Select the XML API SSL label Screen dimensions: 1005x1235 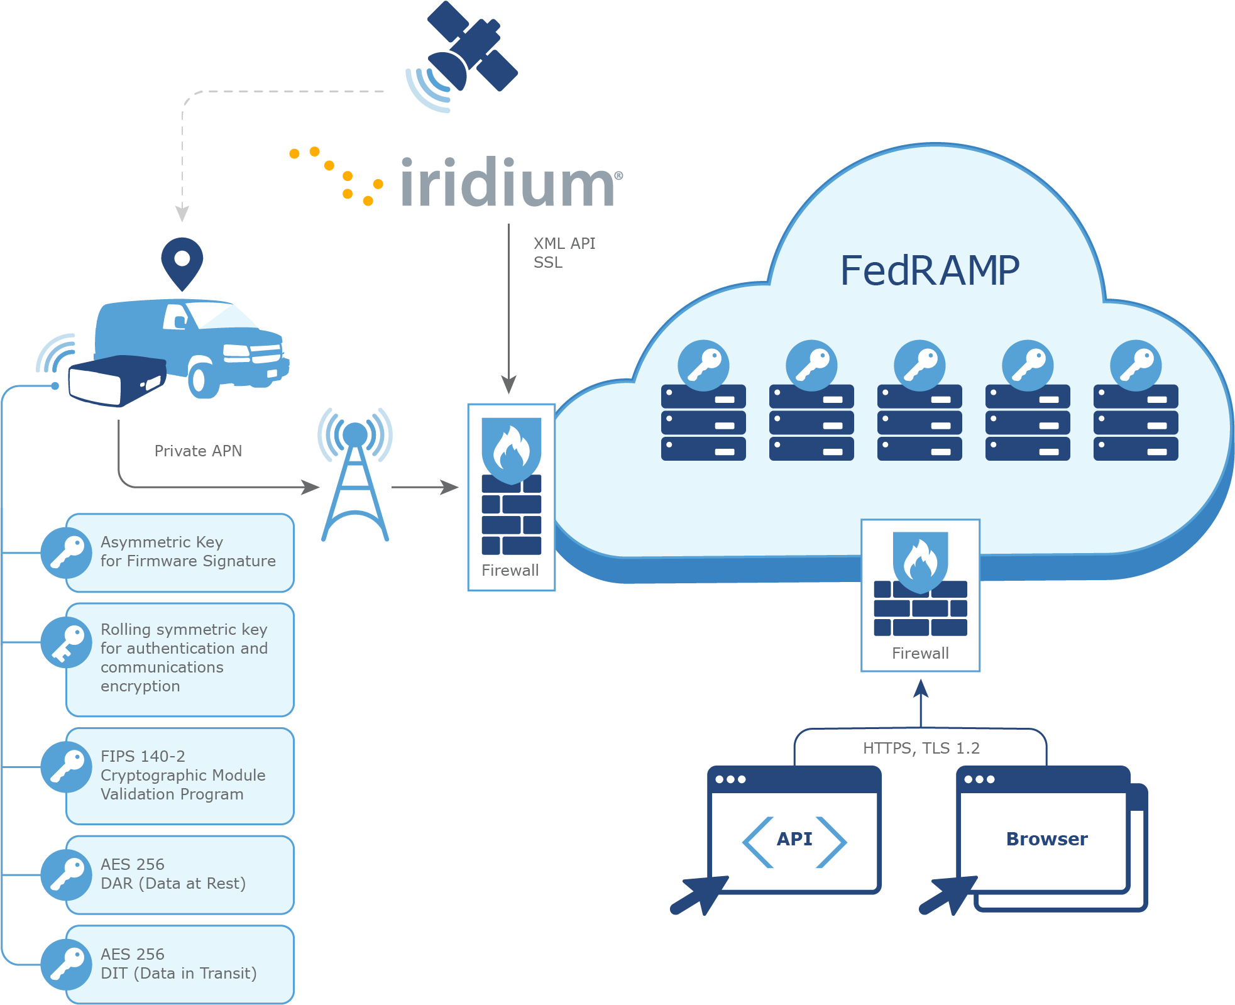pyautogui.click(x=563, y=253)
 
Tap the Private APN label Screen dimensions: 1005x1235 pyautogui.click(x=198, y=451)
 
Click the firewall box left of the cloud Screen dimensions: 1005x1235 pyautogui.click(x=511, y=497)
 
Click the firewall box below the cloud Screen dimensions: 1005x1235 pyautogui.click(x=920, y=595)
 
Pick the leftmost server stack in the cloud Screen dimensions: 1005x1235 pyautogui.click(x=703, y=422)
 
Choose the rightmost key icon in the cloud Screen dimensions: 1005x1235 pyautogui.click(x=1135, y=365)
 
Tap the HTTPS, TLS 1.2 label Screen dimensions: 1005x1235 pyautogui.click(x=921, y=748)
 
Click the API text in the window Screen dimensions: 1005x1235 pyautogui.click(x=794, y=839)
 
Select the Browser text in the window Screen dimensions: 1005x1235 pyautogui.click(x=1046, y=839)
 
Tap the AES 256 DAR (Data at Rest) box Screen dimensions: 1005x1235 pyautogui.click(x=179, y=874)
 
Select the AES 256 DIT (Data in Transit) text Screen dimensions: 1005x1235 pyautogui.click(x=178, y=964)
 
